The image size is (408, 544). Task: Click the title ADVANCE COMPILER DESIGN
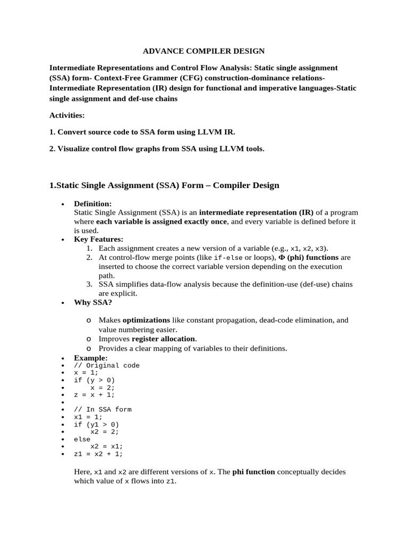204,52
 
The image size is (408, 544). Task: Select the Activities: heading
67,115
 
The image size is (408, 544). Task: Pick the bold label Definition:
92,203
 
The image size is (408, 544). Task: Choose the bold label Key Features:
98,239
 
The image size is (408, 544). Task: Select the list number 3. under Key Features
90,284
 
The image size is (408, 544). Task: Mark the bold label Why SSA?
93,302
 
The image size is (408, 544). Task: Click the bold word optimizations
147,320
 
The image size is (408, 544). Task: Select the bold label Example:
90,358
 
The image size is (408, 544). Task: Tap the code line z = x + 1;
94,395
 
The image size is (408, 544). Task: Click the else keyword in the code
82,439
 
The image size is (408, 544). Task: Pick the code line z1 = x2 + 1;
98,454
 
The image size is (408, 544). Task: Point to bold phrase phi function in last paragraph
253,472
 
